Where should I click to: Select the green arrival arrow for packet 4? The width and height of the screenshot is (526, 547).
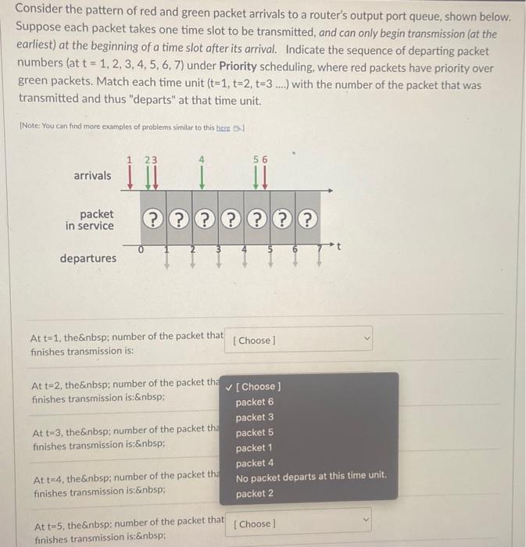[202, 176]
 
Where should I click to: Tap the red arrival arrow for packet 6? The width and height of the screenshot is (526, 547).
[265, 176]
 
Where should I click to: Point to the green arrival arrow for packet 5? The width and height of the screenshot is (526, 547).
[255, 176]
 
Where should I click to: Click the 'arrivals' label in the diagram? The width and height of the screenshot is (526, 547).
[92, 176]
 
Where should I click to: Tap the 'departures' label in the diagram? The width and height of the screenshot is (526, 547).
[88, 258]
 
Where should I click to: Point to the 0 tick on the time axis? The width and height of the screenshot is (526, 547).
[141, 250]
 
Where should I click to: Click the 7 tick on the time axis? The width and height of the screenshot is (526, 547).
[319, 250]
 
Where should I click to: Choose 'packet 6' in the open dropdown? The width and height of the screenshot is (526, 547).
[255, 402]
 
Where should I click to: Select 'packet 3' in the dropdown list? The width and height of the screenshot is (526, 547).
[255, 417]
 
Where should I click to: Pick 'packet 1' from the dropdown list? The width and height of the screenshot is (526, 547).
[255, 448]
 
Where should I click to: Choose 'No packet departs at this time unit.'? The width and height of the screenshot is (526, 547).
[311, 477]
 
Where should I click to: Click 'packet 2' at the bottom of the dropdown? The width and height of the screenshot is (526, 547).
[255, 493]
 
